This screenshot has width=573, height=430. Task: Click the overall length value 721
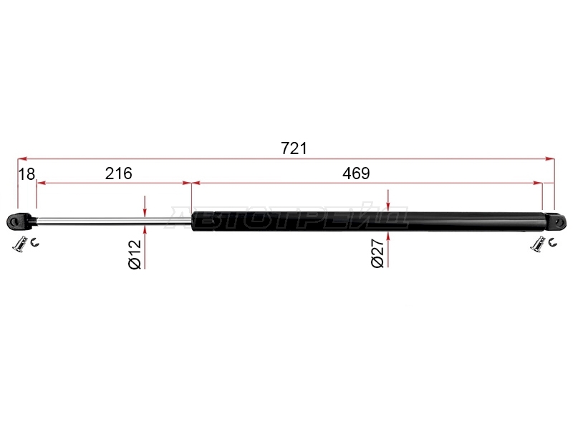pyautogui.click(x=294, y=148)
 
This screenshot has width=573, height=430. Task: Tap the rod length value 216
pyautogui.click(x=118, y=173)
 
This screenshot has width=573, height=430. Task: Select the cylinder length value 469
pyautogui.click(x=356, y=173)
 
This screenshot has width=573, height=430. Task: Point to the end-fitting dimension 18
pyautogui.click(x=27, y=174)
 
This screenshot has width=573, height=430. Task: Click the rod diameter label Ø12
pyautogui.click(x=135, y=254)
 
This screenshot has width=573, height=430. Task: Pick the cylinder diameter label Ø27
pyautogui.click(x=377, y=253)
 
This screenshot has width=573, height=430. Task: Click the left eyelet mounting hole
pyautogui.click(x=14, y=221)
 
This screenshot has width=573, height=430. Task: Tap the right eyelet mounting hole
pyautogui.click(x=559, y=222)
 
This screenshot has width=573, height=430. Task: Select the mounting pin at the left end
pyautogui.click(x=20, y=244)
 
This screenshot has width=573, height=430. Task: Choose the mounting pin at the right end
pyautogui.click(x=538, y=244)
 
